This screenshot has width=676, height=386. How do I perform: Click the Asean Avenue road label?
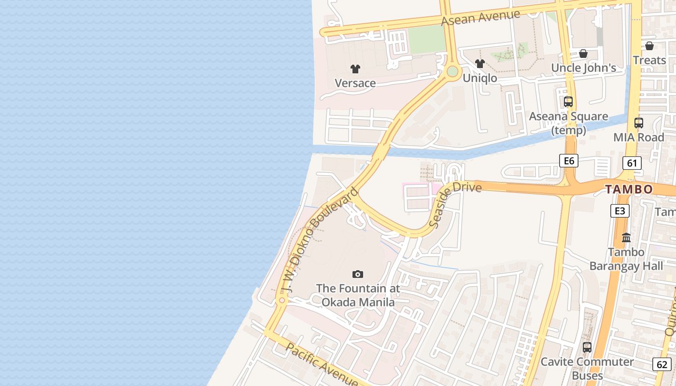coord(481,18)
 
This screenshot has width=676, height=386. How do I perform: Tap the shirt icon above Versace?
coord(355,69)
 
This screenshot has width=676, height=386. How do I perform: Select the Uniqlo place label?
coord(479,78)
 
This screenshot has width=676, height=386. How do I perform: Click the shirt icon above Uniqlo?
coord(479,64)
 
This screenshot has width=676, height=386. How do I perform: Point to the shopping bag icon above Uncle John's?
coord(583,54)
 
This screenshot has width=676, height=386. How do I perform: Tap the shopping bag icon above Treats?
coord(649,46)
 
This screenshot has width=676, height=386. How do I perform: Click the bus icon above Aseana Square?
coord(568,102)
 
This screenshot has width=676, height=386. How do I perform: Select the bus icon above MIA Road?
coord(639,123)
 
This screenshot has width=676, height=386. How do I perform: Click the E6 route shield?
coord(569,161)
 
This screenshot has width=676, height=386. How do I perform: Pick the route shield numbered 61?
coord(632,163)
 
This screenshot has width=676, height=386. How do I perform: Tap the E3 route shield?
coord(620,211)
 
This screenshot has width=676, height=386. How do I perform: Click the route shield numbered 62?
coord(662,364)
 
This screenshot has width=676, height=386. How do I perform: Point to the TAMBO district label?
coord(629,189)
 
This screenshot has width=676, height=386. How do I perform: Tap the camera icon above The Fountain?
coord(357,275)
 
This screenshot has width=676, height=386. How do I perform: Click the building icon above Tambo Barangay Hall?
coord(626,237)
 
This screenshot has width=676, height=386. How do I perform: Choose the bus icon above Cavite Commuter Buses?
coord(587,347)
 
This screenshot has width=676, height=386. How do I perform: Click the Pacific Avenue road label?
coord(322,364)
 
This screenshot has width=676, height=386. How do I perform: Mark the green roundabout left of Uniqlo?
coord(452,72)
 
